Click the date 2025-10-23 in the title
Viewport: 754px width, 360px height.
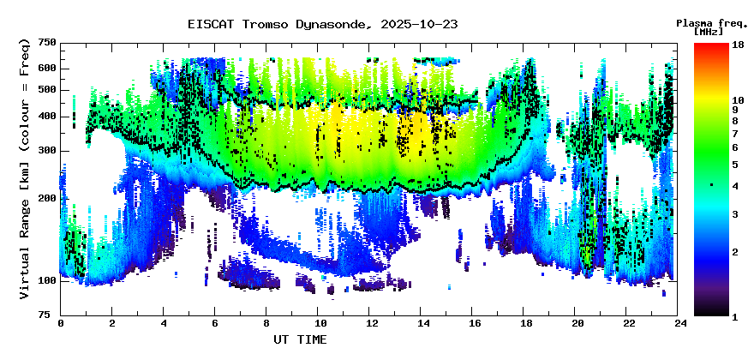[416, 24]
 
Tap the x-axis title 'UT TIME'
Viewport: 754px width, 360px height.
[300, 339]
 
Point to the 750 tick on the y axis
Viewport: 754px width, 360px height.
[47, 43]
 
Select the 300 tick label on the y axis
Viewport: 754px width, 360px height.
[47, 151]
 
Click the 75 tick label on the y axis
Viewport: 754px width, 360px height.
[50, 315]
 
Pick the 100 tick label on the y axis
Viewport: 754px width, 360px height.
[47, 280]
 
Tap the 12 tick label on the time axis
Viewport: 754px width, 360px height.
[371, 323]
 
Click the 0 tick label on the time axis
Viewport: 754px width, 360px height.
[61, 323]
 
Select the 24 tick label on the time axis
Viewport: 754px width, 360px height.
[680, 323]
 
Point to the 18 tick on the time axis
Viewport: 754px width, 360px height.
[526, 323]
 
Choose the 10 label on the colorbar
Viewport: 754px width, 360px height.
[736, 100]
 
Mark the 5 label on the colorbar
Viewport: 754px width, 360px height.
[733, 164]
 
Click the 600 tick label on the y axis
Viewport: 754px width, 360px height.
[47, 68]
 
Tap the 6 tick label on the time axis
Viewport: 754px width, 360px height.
[216, 323]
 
